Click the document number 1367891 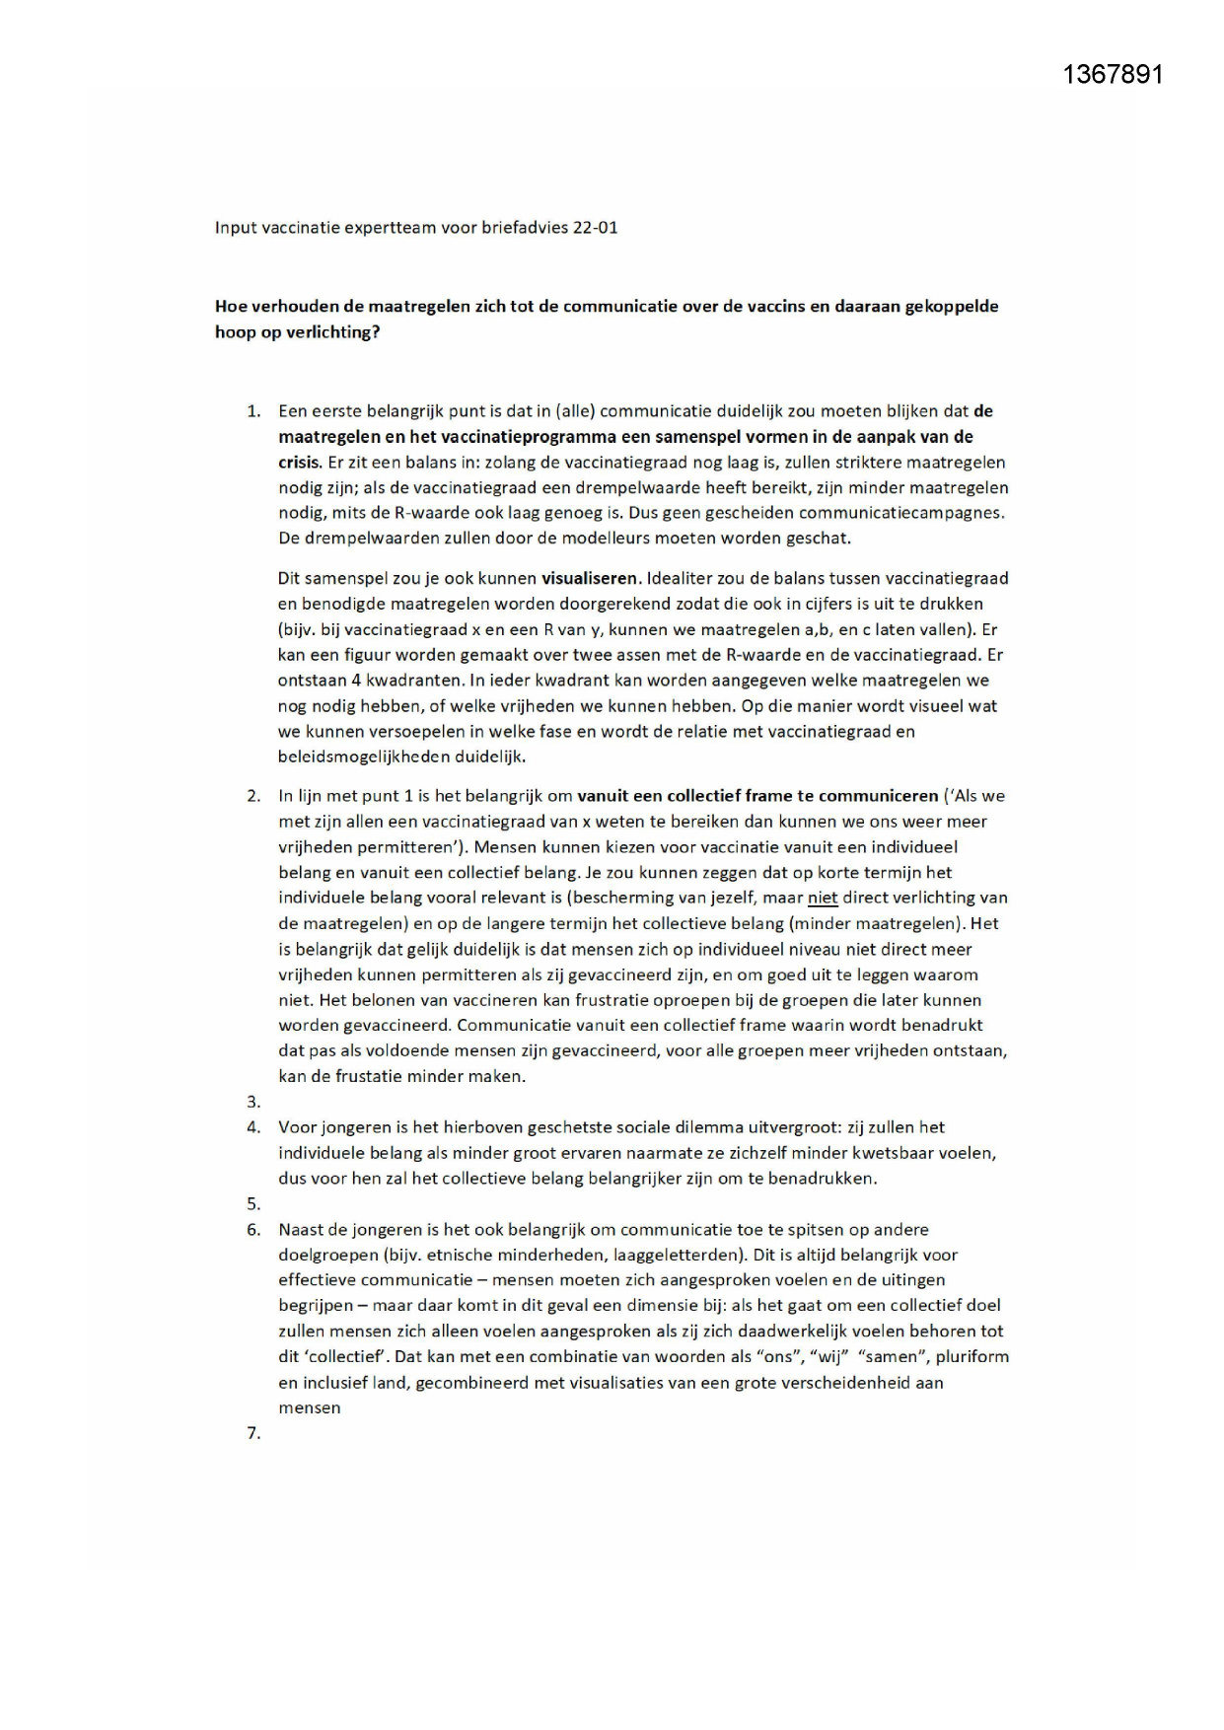(x=1114, y=75)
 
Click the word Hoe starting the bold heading (x=230, y=306)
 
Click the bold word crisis (x=300, y=462)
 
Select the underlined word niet (x=822, y=898)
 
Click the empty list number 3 (x=253, y=1102)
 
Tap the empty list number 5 (x=253, y=1203)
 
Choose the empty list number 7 (x=253, y=1433)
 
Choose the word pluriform (x=972, y=1356)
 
